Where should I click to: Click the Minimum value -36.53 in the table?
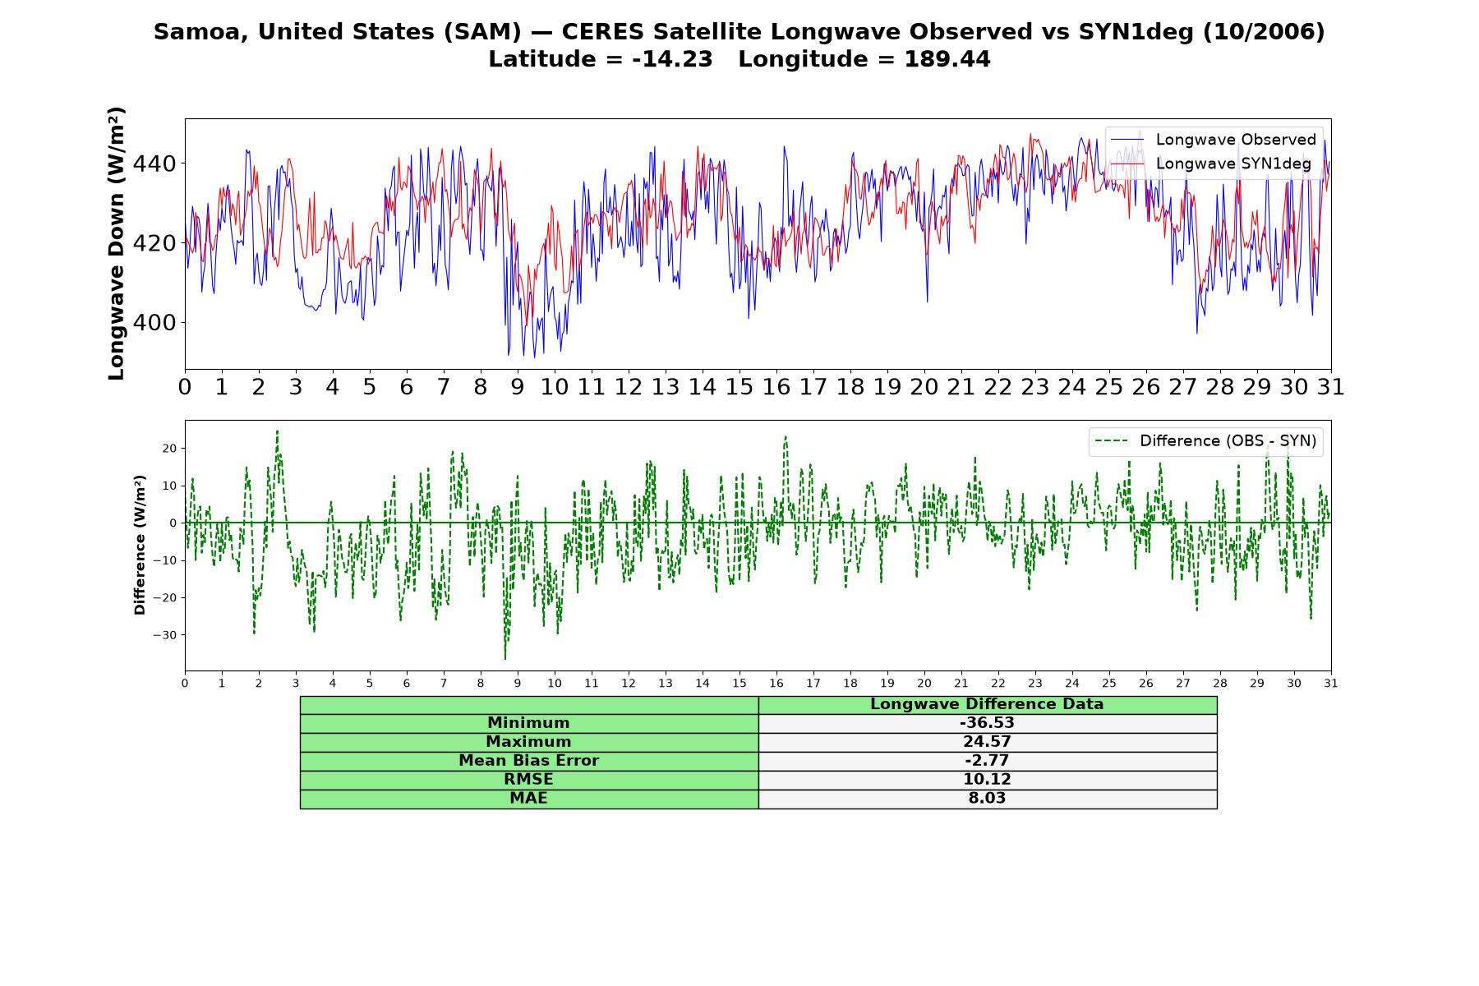(987, 723)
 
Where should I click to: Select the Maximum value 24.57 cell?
(987, 742)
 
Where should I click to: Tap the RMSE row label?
(528, 780)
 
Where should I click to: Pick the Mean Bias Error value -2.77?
(987, 761)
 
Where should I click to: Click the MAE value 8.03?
(987, 799)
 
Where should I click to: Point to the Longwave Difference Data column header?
(987, 704)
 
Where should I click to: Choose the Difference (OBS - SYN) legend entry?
(1205, 441)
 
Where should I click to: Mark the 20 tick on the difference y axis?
(171, 449)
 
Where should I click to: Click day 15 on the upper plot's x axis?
(739, 387)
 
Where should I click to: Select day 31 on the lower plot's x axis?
(1331, 684)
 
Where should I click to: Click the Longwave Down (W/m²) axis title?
(117, 243)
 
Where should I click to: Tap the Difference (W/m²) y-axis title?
(140, 545)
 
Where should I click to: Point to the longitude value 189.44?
(947, 60)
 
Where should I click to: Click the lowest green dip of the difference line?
(505, 658)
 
